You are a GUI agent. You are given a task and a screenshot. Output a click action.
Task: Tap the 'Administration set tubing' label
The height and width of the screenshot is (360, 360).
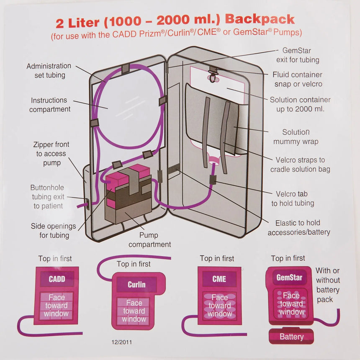click(49, 71)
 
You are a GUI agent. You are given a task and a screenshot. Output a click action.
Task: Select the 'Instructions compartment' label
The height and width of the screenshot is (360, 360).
click(49, 105)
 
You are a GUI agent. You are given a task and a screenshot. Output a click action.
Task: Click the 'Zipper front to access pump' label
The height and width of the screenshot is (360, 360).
click(51, 154)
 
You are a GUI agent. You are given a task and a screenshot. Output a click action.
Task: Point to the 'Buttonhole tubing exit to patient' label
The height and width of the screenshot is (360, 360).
click(47, 197)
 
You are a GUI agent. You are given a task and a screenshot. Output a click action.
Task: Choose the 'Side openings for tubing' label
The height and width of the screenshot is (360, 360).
click(54, 231)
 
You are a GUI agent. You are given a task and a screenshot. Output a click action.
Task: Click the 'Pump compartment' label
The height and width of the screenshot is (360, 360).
click(149, 240)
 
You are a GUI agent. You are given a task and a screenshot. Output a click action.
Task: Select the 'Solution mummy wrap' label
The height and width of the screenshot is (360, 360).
click(296, 137)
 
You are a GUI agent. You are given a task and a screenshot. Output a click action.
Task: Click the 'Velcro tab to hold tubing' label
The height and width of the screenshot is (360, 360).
click(293, 198)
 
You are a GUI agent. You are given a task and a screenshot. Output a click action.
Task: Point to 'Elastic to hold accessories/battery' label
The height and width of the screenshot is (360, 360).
click(298, 227)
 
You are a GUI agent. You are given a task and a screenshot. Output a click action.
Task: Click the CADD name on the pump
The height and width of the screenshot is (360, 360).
click(57, 279)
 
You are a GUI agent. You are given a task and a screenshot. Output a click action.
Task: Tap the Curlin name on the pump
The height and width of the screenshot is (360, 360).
click(136, 285)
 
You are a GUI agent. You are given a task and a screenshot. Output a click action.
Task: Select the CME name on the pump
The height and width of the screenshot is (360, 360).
click(219, 279)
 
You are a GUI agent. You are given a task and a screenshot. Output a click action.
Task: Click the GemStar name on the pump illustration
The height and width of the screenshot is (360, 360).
click(289, 277)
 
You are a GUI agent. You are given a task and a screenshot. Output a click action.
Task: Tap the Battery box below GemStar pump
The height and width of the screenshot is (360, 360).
click(291, 337)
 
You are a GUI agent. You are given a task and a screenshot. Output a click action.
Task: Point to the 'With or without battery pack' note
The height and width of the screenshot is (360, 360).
click(327, 285)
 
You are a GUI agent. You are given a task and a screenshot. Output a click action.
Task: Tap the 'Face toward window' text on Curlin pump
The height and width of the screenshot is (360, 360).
click(134, 311)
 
